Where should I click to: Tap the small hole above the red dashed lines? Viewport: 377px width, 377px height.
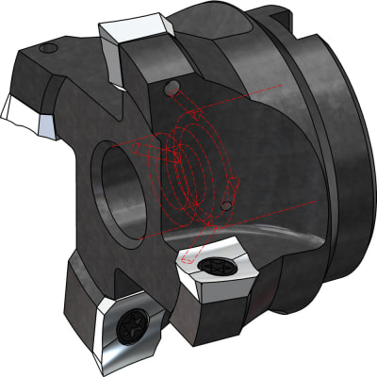tap(170, 89)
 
